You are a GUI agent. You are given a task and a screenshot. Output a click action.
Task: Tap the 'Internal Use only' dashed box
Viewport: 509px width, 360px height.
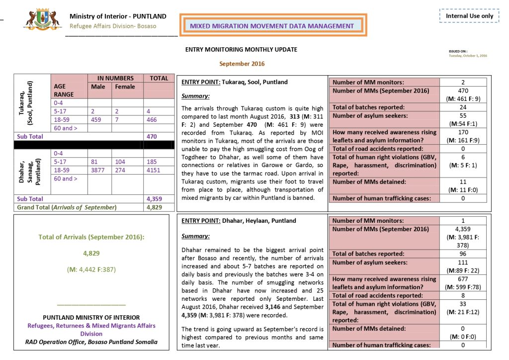(x=469, y=16)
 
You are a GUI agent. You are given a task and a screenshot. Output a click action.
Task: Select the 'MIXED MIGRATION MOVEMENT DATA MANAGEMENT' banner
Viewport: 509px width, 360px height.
(x=272, y=26)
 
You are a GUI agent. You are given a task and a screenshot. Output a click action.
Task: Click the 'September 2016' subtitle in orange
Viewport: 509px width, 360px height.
(x=242, y=64)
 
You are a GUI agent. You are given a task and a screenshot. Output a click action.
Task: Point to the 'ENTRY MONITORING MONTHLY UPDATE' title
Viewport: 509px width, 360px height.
(x=241, y=50)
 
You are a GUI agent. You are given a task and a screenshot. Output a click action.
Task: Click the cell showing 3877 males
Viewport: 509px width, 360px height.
(x=98, y=170)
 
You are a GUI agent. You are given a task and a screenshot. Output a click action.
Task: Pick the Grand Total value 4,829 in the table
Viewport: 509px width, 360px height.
(x=155, y=207)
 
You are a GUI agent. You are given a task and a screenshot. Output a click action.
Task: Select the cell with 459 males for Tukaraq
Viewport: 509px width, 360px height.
(x=97, y=119)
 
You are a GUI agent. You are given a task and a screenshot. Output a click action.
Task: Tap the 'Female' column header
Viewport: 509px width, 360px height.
(x=125, y=87)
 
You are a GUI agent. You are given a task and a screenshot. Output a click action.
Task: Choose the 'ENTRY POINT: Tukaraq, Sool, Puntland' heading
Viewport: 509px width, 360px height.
(x=235, y=82)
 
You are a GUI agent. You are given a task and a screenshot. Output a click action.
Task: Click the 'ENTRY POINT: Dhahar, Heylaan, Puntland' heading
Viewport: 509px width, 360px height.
(x=239, y=221)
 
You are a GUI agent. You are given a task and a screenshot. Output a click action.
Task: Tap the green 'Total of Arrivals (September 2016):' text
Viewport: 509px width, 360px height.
(x=91, y=237)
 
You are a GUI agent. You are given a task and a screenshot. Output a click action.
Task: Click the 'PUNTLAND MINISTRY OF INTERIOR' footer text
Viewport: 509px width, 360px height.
(x=91, y=317)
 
